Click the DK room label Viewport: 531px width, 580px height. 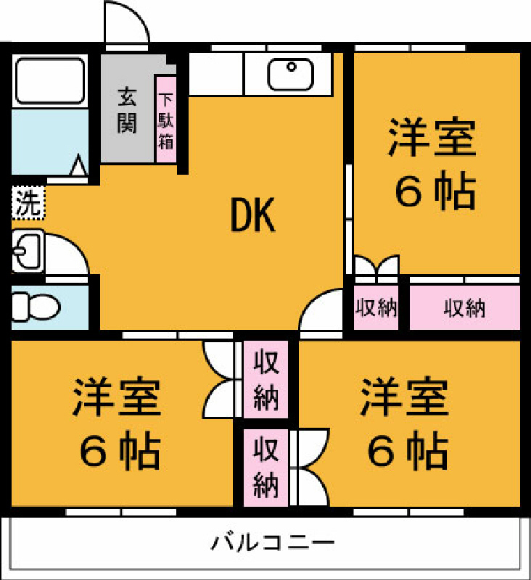tap(253, 215)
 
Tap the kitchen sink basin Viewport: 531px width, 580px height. tap(290, 75)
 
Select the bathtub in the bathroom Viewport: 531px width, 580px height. tap(50, 80)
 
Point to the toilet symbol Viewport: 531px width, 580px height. tap(36, 307)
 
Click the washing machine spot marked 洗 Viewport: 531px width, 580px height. tap(28, 203)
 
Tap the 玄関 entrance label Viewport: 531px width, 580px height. tap(127, 110)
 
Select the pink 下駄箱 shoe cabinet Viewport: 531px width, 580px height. tap(165, 120)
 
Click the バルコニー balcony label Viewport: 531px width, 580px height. tap(273, 542)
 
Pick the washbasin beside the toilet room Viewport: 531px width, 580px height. tap(28, 251)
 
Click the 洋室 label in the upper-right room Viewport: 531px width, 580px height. tap(432, 137)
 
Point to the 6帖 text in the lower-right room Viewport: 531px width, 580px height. tap(408, 450)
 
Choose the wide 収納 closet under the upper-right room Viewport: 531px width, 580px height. tap(465, 307)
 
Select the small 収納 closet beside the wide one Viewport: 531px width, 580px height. tap(376, 307)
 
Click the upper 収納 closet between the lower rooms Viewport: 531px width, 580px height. tap(265, 379)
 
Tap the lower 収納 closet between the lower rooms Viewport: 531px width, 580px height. tap(265, 467)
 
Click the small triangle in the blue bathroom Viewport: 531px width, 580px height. tap(78, 165)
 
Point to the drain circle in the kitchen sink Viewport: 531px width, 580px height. tap(292, 67)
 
